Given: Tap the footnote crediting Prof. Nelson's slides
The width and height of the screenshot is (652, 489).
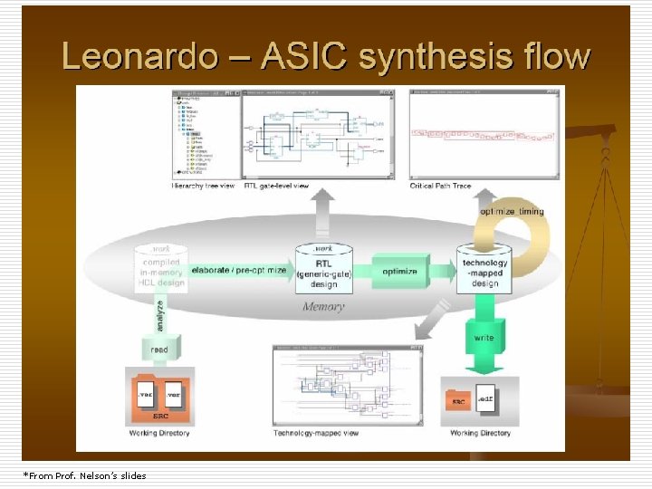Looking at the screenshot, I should [84, 475].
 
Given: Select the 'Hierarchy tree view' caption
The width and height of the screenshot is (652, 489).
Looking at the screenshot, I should [203, 186].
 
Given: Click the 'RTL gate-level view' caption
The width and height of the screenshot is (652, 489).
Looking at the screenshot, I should [275, 186].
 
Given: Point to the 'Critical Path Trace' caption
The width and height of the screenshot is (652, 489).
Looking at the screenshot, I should [441, 186].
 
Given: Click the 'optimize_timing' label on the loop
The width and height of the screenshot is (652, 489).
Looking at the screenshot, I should [512, 212].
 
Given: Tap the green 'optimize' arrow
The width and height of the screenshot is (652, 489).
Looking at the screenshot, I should [398, 271].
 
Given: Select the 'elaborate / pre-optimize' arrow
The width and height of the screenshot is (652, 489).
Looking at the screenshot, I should [238, 271].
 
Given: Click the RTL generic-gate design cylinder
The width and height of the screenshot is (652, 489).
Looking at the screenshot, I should [323, 269].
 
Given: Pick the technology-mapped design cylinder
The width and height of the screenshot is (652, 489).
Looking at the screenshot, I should [484, 269].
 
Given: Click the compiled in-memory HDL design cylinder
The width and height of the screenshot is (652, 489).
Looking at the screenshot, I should [159, 269].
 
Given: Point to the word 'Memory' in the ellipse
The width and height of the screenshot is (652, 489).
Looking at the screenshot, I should [323, 306].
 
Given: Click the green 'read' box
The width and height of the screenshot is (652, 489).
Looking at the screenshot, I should [160, 349].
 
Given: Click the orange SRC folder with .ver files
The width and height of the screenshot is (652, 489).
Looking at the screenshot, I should [159, 399].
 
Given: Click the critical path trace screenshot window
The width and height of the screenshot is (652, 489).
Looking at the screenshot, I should [482, 133].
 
